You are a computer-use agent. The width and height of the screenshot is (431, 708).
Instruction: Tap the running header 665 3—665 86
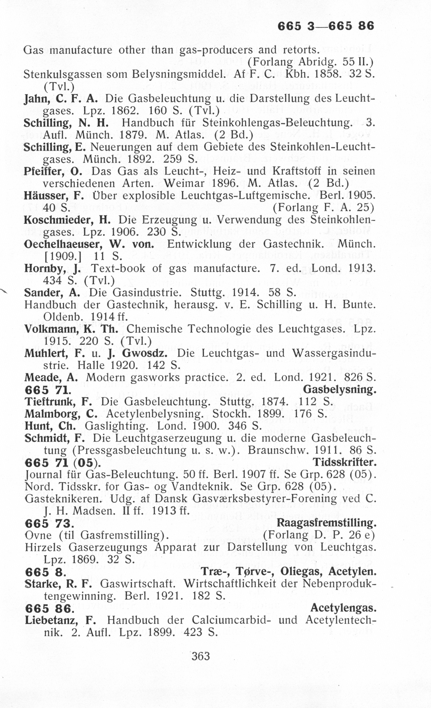[326, 26]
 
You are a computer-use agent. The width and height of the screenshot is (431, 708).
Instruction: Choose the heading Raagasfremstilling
[326, 523]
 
